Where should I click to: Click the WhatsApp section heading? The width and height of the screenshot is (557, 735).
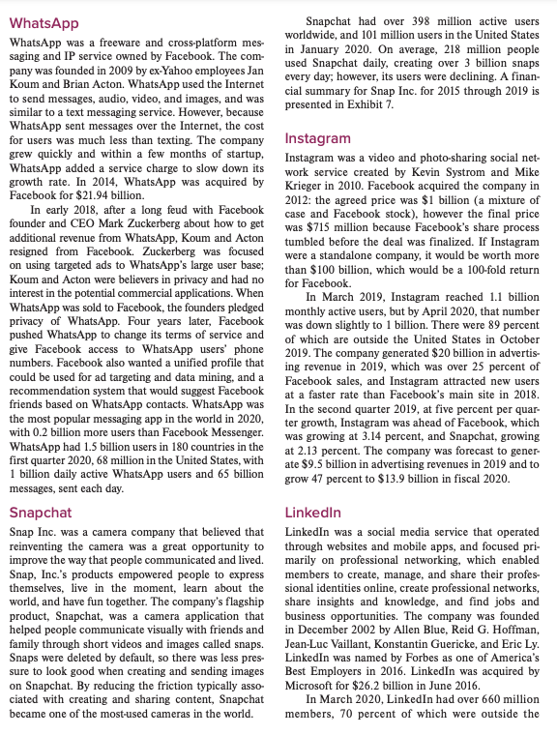[44, 21]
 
